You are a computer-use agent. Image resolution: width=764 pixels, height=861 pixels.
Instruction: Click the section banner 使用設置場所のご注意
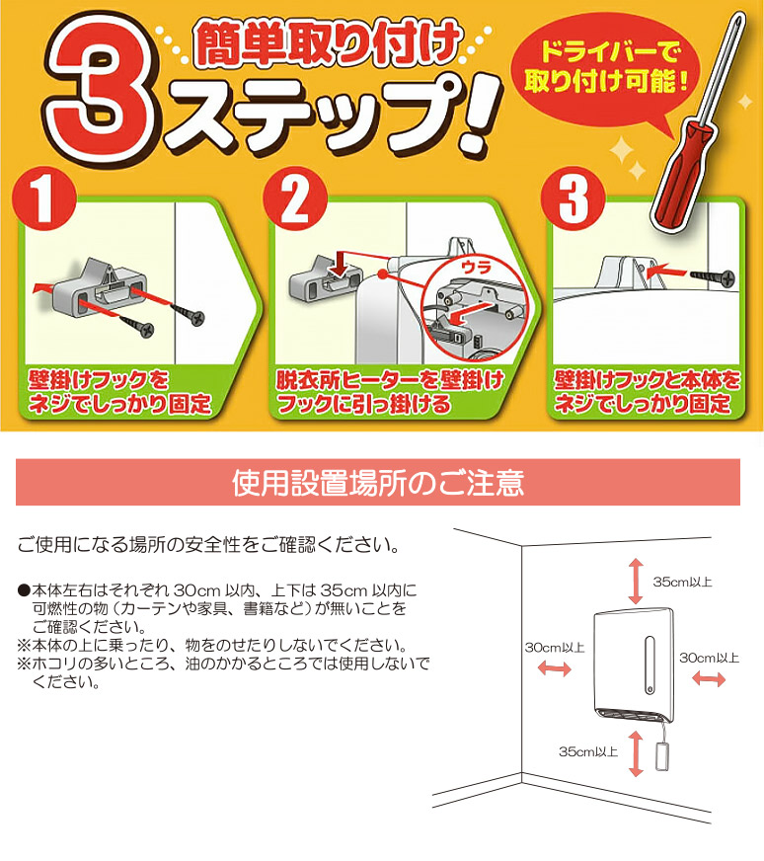coord(378,483)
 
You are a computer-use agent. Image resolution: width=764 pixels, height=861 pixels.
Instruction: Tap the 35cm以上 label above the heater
coord(681,582)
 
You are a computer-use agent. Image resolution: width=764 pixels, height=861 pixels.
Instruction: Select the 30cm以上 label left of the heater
coord(554,647)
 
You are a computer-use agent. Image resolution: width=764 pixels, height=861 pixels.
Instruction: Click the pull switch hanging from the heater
coord(662,758)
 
